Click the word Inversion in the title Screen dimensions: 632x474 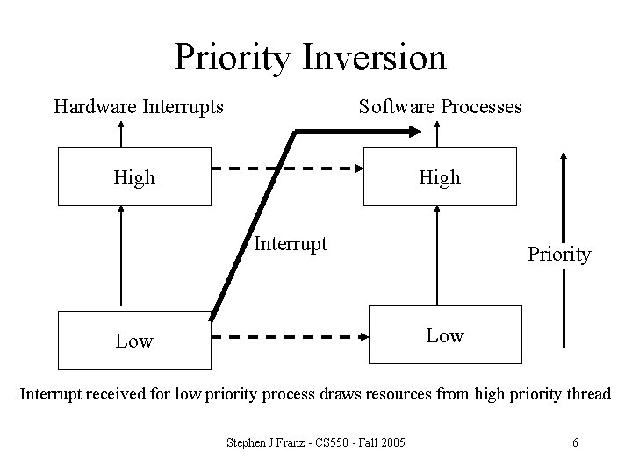tap(374, 57)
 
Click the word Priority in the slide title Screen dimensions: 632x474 tap(232, 59)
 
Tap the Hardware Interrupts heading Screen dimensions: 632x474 tap(139, 107)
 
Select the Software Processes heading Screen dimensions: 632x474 tap(440, 107)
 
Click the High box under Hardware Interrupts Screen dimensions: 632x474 tap(134, 177)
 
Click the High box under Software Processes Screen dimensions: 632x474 tap(440, 177)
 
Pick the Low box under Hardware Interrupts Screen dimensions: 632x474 tap(134, 341)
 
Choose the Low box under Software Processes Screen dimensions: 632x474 tap(444, 335)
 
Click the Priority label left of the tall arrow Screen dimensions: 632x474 tap(559, 255)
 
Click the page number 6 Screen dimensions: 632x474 tap(575, 442)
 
